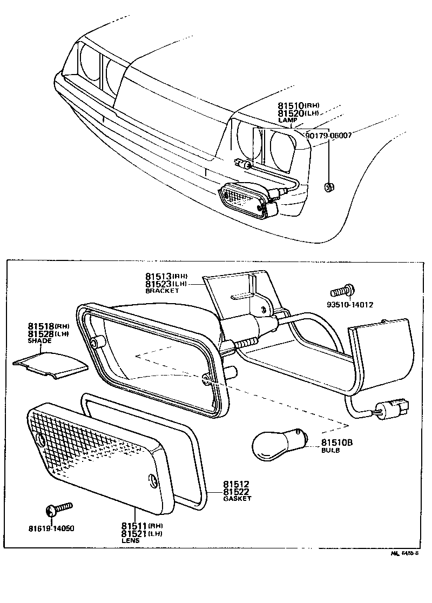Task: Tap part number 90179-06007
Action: click(x=328, y=136)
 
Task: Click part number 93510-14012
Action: click(x=350, y=304)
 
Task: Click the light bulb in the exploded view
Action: click(x=276, y=444)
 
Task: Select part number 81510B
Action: click(x=337, y=442)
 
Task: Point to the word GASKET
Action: click(x=237, y=499)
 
